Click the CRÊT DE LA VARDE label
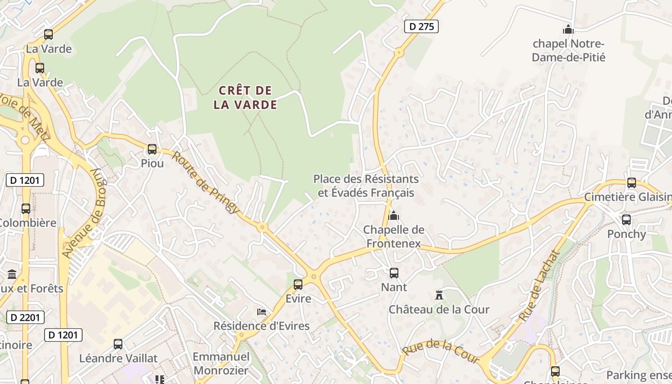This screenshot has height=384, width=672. tap(245, 97)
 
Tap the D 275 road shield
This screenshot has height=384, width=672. tap(422, 26)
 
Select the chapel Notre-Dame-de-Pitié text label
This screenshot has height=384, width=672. tap(569, 50)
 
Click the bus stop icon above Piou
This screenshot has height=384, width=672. tap(152, 149)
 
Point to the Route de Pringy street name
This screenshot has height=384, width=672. tap(205, 182)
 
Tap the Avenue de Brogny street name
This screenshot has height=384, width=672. tap(84, 214)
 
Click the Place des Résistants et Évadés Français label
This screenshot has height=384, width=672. tap(366, 186)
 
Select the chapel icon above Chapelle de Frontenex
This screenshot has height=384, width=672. tap(394, 216)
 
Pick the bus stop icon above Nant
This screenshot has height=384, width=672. tap(394, 273)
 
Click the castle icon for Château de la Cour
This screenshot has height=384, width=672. tap(439, 295)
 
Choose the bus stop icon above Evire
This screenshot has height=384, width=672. tap(298, 285)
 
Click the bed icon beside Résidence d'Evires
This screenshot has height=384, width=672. tap(262, 312)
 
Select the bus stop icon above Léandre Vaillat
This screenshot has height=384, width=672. tap(118, 344)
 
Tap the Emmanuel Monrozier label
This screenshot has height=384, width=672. tap(221, 363)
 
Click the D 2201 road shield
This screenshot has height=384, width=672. tap(25, 317)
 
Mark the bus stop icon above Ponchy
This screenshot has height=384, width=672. tap(626, 220)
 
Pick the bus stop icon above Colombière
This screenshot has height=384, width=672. tap(26, 209)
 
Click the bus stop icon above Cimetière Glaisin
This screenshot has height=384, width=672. tap(632, 183)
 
